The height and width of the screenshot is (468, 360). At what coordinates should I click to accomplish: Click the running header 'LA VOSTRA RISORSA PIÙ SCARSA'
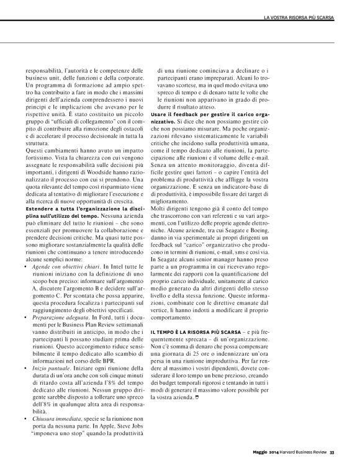click(x=299, y=15)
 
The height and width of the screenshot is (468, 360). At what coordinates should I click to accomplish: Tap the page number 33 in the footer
click(x=332, y=451)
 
